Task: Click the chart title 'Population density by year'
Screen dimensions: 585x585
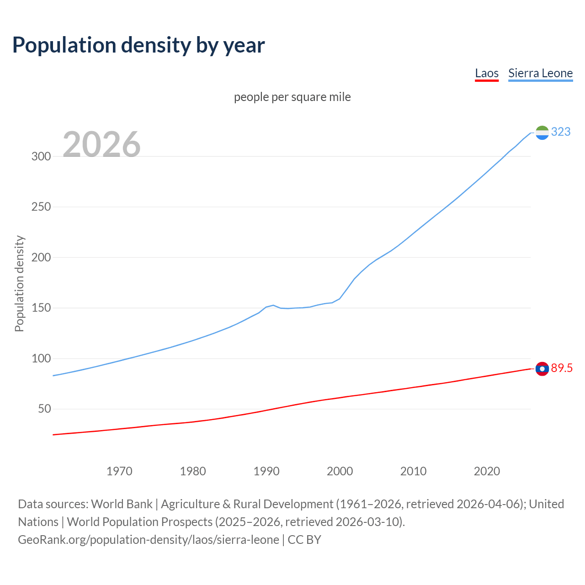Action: (x=138, y=45)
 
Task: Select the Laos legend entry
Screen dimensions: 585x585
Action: (x=487, y=73)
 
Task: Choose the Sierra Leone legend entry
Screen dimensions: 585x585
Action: (x=540, y=73)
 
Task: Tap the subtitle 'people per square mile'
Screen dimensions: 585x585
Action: (x=292, y=97)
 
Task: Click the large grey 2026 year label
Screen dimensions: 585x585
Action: (x=101, y=144)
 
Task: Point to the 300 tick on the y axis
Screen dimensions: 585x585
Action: (x=41, y=156)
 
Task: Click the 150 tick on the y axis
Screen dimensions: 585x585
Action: (x=41, y=308)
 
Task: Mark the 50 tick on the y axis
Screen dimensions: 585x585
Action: (x=44, y=409)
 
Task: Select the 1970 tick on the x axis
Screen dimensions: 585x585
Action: (x=119, y=471)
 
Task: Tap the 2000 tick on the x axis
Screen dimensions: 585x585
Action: (x=340, y=471)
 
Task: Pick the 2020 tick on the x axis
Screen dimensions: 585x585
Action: (x=487, y=471)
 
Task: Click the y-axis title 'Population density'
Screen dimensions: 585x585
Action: (x=19, y=283)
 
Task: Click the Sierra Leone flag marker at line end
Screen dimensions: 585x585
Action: (x=542, y=133)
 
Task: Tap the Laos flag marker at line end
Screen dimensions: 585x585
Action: (x=542, y=368)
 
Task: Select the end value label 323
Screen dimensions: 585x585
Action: (x=561, y=132)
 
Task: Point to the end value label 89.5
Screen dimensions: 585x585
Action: (x=562, y=368)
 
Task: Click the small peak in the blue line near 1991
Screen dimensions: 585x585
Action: (x=273, y=305)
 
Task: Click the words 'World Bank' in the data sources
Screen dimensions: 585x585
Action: (x=122, y=504)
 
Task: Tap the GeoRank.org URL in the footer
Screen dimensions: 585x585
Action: (x=149, y=540)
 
